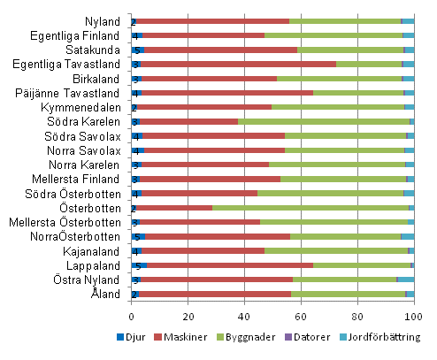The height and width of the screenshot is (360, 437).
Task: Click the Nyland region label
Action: [104, 20]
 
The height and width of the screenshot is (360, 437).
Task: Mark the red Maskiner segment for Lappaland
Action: [230, 264]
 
